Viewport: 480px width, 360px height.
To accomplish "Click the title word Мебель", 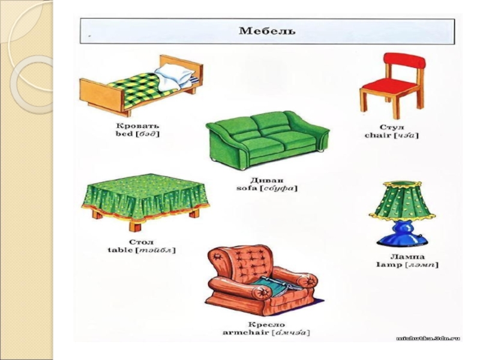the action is (x=268, y=30).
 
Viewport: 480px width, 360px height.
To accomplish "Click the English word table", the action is (x=120, y=249).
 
